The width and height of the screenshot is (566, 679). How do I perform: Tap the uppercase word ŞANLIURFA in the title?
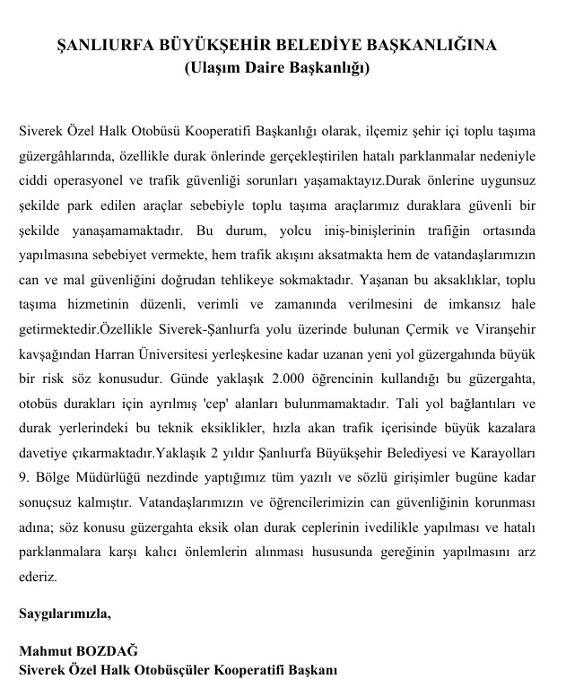coord(100,45)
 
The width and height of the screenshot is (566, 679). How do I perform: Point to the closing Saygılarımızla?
coord(65,614)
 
